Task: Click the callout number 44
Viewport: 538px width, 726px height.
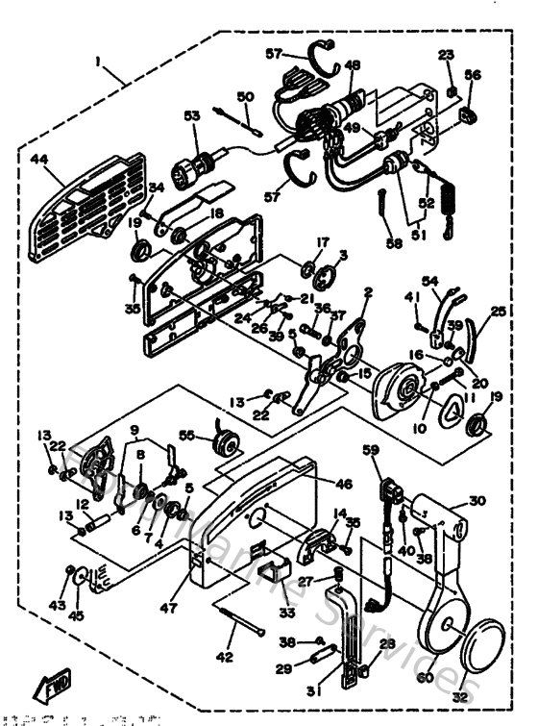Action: click(x=38, y=158)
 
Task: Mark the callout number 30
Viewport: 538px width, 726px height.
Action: click(x=477, y=499)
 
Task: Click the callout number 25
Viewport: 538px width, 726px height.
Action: click(x=498, y=311)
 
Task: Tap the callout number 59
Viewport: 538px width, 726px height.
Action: click(x=371, y=449)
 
